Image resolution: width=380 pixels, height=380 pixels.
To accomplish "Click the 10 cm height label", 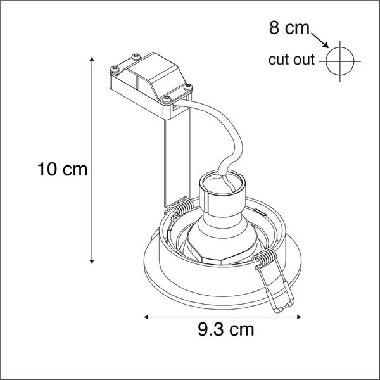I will coord(61,169).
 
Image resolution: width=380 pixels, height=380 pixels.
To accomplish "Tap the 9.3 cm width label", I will coord(225,330).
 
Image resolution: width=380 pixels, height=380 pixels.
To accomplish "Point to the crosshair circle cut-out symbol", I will coord(340,61).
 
